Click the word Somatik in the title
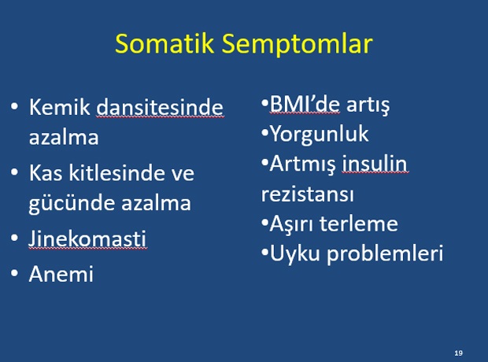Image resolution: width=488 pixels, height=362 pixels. tap(165, 43)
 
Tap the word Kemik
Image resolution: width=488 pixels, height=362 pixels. tap(60, 107)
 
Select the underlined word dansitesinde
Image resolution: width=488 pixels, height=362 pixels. tap(160, 107)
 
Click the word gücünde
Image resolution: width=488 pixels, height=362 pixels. tap(72, 204)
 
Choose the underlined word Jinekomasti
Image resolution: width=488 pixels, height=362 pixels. tap(87, 239)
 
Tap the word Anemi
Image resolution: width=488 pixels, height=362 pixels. tap(61, 274)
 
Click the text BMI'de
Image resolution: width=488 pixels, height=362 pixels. tap(305, 105)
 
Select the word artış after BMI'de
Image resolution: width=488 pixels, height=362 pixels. tap(368, 105)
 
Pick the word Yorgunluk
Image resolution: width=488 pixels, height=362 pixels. tap(319, 135)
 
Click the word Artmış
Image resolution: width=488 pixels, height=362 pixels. tap(302, 164)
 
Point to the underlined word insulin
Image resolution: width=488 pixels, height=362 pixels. tap(375, 164)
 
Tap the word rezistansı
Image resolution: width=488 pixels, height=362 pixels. tap(308, 194)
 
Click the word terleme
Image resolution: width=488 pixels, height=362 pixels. tap(359, 223)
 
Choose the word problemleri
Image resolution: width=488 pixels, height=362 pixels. tap(385, 253)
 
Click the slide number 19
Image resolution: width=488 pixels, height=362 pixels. tap(458, 353)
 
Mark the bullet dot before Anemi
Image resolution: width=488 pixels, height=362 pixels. tap(14, 273)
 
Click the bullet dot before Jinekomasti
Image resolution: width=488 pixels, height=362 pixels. tap(14, 238)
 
